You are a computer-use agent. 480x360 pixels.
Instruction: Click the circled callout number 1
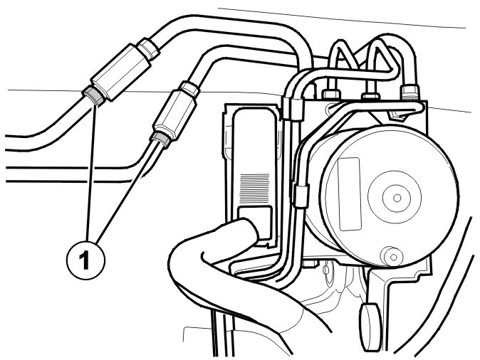click(85, 260)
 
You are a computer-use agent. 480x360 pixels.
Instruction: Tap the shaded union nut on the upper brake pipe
click(94, 96)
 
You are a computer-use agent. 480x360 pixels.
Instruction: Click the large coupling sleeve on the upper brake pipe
click(122, 71)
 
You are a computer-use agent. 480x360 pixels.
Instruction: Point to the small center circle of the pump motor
click(397, 198)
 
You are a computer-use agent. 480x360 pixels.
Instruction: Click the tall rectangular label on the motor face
click(350, 194)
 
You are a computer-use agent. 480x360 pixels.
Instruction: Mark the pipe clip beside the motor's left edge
click(301, 196)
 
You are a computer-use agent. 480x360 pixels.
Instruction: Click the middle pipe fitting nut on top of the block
click(371, 96)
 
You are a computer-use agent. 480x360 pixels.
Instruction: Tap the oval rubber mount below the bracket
click(371, 327)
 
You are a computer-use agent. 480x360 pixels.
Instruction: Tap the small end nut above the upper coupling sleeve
click(148, 48)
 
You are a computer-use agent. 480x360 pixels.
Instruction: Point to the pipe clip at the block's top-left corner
click(293, 109)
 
